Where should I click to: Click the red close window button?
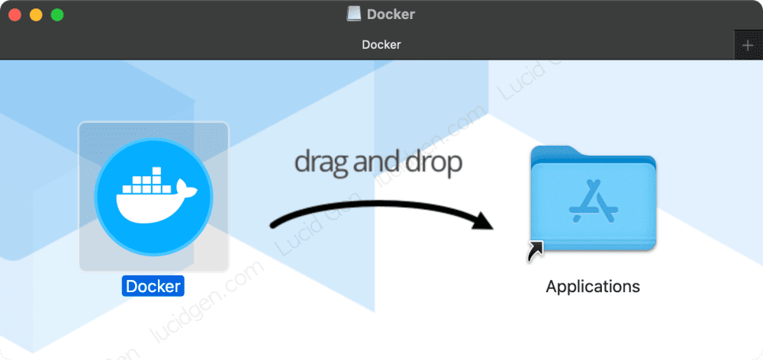14,14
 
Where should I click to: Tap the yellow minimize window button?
35,14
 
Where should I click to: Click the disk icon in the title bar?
353,14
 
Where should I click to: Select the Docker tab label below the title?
381,44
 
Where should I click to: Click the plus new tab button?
748,45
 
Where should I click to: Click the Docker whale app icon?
153,196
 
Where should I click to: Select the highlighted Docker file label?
153,287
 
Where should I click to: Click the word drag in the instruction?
320,162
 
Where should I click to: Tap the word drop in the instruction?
435,163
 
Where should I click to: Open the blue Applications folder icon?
592,200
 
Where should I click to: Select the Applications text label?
592,287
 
